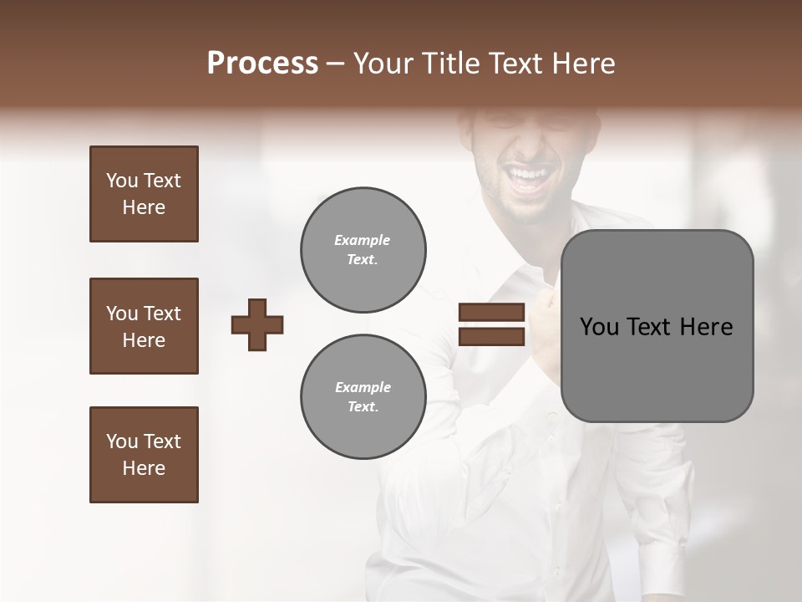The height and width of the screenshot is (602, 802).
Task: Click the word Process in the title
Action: [x=262, y=64]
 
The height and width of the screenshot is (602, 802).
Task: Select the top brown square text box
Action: [x=144, y=194]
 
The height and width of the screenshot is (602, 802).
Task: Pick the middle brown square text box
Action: [x=144, y=326]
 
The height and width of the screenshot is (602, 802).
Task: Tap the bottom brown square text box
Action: [x=144, y=455]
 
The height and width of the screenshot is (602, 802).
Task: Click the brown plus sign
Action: [x=257, y=324]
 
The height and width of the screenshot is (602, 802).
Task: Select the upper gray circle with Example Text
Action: [x=363, y=250]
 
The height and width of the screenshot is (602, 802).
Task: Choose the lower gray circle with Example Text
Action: [x=363, y=397]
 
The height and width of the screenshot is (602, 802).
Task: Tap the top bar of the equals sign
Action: [x=491, y=313]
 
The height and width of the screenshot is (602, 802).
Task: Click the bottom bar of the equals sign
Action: [x=491, y=336]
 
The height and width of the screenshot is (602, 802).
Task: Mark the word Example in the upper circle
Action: [x=362, y=240]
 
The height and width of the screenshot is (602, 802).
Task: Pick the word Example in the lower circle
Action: [x=363, y=387]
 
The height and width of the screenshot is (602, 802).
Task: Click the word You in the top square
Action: [x=120, y=181]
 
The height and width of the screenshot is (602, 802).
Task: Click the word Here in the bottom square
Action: [x=144, y=468]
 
